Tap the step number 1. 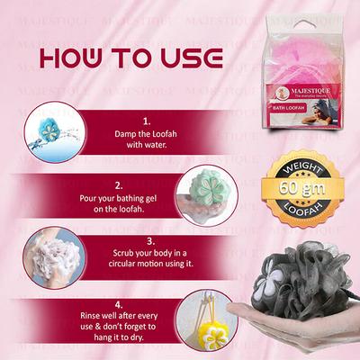coord(147,120)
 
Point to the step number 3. coord(147,242)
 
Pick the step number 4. coord(147,304)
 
